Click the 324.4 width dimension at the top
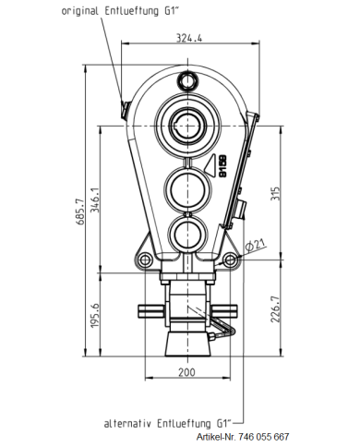(190, 38)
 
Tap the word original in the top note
(84, 10)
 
